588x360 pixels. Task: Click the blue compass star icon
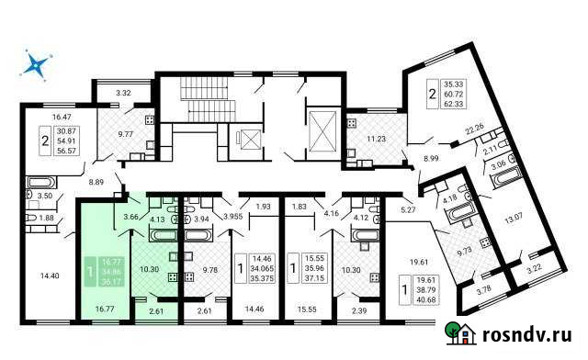coord(37,64)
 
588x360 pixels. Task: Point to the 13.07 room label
coord(514,218)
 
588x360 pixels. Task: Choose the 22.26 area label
coord(474,129)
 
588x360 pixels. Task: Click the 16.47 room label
coord(62,117)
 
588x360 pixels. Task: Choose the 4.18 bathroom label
coord(450,198)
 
